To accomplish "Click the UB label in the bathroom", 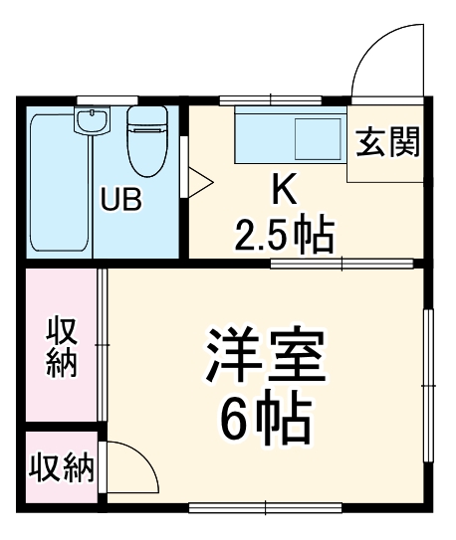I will [120, 199].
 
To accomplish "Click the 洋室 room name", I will [266, 359].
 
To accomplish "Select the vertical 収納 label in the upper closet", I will [61, 346].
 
